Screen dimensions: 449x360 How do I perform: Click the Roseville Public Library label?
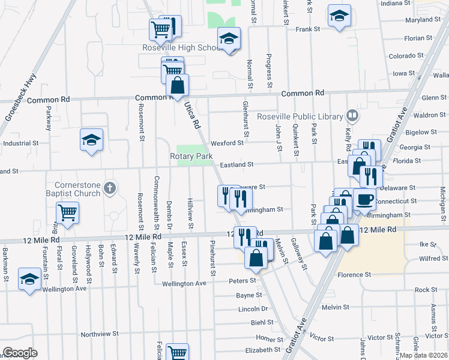click(x=300, y=116)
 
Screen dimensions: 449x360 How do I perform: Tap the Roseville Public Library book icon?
click(x=354, y=115)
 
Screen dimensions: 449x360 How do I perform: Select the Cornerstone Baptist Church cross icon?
click(x=109, y=189)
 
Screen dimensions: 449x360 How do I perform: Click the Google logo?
click(x=20, y=353)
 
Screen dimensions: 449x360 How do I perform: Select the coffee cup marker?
click(x=364, y=199)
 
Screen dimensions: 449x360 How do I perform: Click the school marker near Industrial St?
click(x=91, y=140)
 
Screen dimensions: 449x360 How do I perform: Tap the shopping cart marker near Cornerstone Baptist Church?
click(x=68, y=212)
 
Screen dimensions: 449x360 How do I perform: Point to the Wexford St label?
click(x=227, y=143)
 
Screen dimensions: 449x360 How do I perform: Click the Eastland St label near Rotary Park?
click(x=237, y=164)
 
